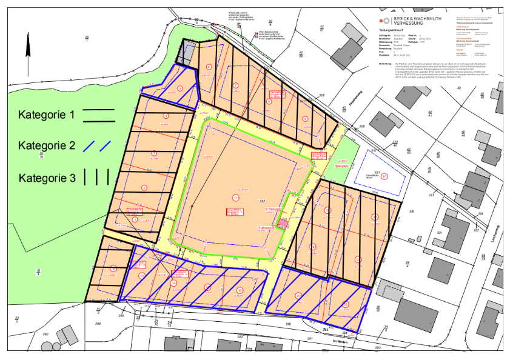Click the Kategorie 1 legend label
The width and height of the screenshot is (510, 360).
pos(47,115)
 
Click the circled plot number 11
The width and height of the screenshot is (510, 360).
pos(236,198)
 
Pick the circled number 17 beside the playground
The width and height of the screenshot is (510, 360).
pos(384,176)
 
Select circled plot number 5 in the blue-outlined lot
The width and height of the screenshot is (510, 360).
pos(180,88)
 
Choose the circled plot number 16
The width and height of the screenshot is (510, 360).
pos(240,290)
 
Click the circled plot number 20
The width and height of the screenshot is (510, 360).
pos(298,295)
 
